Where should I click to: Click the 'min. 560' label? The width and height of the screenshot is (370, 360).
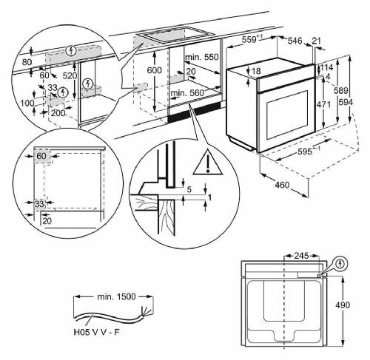click(x=186, y=93)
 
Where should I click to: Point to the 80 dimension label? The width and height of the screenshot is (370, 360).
click(x=27, y=63)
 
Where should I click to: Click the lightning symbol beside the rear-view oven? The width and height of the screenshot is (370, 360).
click(x=340, y=263)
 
